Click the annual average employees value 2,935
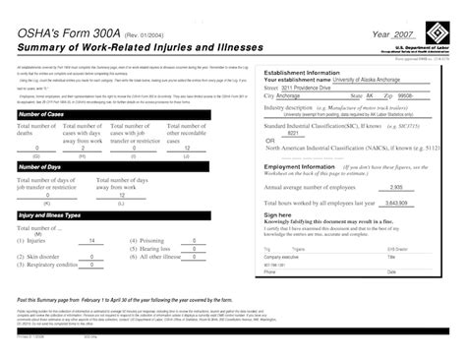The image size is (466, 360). tap(396, 187)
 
